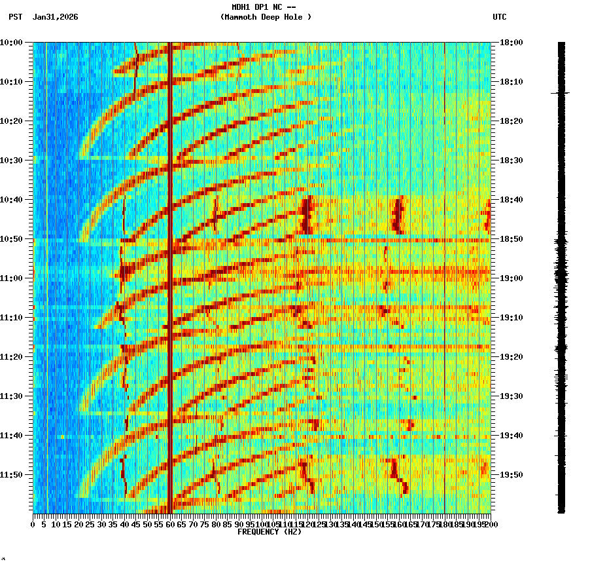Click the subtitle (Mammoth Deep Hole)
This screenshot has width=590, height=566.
[x=266, y=17]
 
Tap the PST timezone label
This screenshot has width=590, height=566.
[x=16, y=17]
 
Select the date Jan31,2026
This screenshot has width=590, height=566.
[x=55, y=17]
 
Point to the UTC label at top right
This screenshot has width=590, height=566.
[x=499, y=17]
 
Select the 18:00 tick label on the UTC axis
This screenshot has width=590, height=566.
[x=512, y=43]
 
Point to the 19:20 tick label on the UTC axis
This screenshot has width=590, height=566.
[x=512, y=357]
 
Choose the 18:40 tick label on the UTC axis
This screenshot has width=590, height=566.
[x=512, y=200]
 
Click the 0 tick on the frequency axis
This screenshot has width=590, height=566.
[x=33, y=524]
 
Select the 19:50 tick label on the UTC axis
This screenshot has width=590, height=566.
[x=512, y=475]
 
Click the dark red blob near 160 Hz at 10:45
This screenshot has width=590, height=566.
[x=397, y=215]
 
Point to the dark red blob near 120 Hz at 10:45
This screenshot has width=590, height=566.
[x=305, y=215]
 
